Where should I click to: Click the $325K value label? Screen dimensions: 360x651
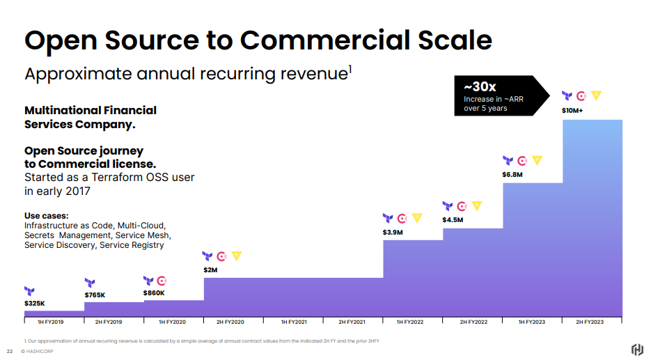click(x=34, y=304)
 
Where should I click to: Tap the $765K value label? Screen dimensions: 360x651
click(x=95, y=295)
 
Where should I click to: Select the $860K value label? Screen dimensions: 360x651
click(x=154, y=293)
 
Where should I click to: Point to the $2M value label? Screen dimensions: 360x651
click(x=210, y=269)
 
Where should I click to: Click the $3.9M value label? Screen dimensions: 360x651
click(x=393, y=232)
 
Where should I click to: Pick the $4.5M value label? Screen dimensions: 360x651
click(x=453, y=220)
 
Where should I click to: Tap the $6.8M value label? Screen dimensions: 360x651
click(x=512, y=174)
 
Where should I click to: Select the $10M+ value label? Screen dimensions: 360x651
click(x=572, y=110)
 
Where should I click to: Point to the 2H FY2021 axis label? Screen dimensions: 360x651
click(x=353, y=322)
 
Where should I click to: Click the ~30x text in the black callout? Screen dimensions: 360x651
click(x=480, y=87)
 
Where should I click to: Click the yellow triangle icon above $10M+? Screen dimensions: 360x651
click(x=596, y=95)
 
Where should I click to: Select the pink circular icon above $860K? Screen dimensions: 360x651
click(x=162, y=281)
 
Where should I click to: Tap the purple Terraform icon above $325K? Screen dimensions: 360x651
click(x=29, y=291)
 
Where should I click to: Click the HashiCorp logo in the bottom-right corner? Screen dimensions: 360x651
click(x=636, y=349)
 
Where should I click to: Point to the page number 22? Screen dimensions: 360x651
click(x=10, y=351)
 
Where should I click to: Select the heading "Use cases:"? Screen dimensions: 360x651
click(x=47, y=216)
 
